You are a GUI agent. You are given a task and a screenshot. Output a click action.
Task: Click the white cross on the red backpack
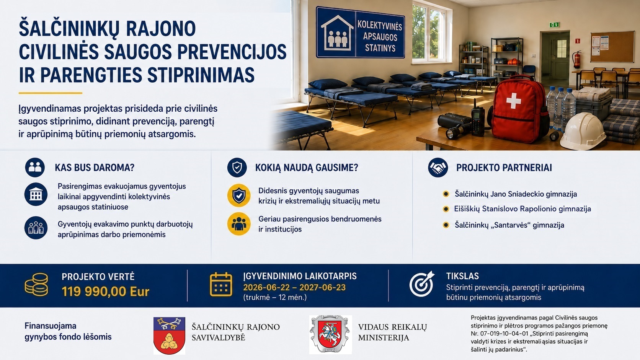pyautogui.click(x=513, y=101)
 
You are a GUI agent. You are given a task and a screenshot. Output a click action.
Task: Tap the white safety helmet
pyautogui.click(x=583, y=131)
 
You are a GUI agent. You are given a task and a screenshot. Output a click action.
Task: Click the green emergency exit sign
pyautogui.click(x=554, y=25)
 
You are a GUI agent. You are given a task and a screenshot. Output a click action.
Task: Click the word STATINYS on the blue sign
pyautogui.click(x=380, y=48)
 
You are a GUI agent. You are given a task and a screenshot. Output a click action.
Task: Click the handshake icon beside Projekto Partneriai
pyautogui.click(x=438, y=168)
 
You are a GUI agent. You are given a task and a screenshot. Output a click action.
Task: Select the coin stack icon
pyautogui.click(x=37, y=284)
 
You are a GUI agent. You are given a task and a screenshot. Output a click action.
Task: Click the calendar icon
pyautogui.click(x=221, y=284)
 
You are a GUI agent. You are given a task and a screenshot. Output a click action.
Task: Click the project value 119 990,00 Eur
pyautogui.click(x=105, y=292)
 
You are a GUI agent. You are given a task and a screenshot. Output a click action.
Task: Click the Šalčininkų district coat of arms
pyautogui.click(x=169, y=336)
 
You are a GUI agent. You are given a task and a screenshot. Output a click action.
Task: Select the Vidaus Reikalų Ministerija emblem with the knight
pyautogui.click(x=331, y=335)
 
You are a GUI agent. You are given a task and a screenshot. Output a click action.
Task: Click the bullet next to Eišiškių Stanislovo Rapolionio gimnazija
pyautogui.click(x=446, y=209)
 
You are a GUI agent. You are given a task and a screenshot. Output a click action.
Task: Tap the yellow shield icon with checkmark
pyautogui.click(x=239, y=195)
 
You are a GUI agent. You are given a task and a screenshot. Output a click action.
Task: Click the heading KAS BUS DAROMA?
pyautogui.click(x=95, y=168)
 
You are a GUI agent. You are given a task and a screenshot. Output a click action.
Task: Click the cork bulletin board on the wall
pyautogui.click(x=612, y=47)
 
